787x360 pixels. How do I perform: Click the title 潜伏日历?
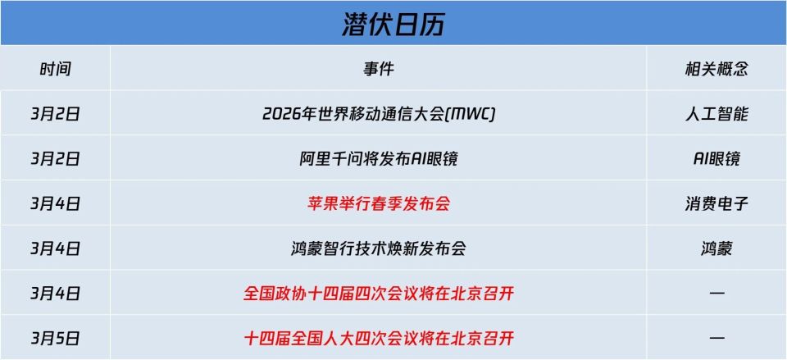tap(393, 24)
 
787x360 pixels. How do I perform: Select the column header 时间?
tap(56, 69)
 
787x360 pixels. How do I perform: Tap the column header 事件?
tap(379, 69)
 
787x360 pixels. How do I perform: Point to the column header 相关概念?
tap(716, 69)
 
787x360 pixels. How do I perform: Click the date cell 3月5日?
tap(56, 337)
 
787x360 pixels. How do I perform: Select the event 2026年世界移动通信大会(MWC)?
tap(379, 114)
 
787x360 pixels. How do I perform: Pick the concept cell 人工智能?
tap(716, 114)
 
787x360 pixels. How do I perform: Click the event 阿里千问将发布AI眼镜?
tap(379, 159)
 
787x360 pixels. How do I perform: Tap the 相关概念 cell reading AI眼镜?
tap(716, 159)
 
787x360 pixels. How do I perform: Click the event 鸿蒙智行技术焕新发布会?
tap(379, 248)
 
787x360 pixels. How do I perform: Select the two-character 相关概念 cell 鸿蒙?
tap(716, 248)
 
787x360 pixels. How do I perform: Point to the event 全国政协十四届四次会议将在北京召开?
tap(379, 293)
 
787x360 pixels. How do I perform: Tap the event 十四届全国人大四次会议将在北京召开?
tap(379, 337)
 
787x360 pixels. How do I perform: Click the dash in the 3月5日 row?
tap(716, 337)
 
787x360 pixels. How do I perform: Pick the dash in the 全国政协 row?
tap(716, 293)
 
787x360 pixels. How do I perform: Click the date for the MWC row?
tap(56, 114)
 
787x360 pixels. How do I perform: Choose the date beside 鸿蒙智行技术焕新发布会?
tap(56, 248)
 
